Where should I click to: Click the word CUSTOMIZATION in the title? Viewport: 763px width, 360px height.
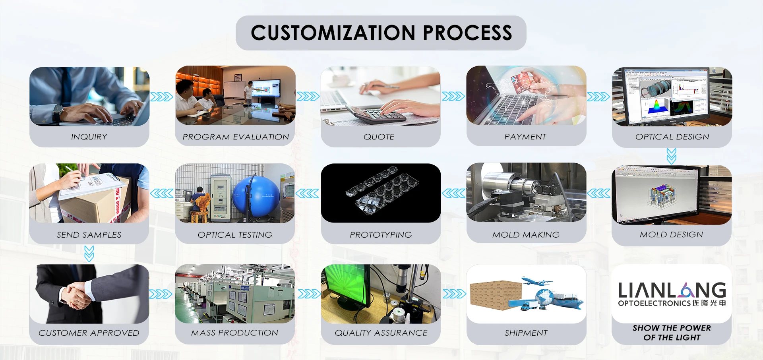coord(333,33)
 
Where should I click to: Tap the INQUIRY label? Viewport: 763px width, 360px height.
coord(89,137)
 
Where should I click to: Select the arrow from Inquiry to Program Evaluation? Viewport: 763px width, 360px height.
coord(162,97)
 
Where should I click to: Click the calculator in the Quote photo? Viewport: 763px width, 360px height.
coord(376,114)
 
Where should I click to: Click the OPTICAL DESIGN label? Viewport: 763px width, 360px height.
coord(672,137)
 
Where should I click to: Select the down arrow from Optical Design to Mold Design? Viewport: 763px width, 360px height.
coord(671,156)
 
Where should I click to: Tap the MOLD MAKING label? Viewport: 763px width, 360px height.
coord(526,235)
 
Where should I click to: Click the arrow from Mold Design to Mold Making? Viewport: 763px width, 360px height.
coord(598,194)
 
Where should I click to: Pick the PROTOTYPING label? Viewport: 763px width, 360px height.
coord(381,235)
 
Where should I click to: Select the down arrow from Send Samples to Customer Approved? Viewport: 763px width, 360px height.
coord(89,254)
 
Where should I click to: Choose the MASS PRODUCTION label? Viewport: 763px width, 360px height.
coord(234,333)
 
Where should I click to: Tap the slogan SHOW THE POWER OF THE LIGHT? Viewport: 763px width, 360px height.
coord(672,333)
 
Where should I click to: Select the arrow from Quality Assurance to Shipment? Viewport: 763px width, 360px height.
coord(454,294)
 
